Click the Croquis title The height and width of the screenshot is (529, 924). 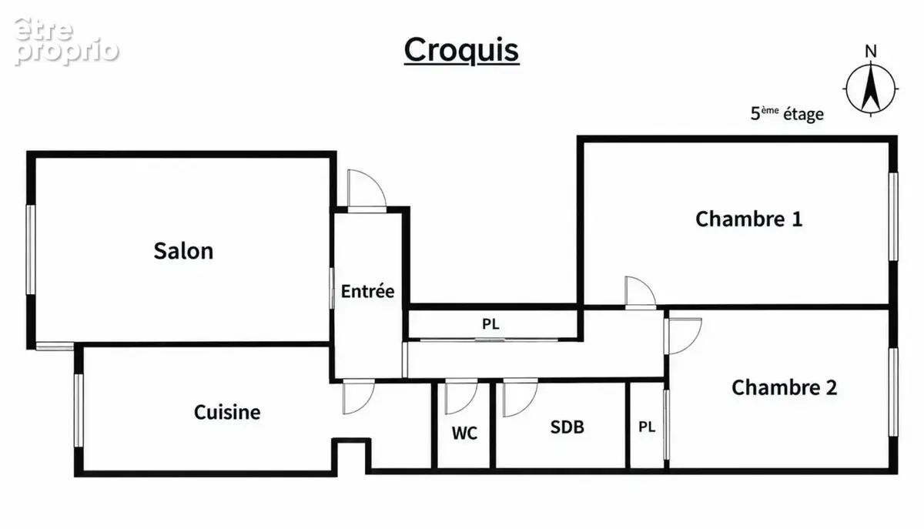point(461,50)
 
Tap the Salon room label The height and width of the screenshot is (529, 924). point(183,251)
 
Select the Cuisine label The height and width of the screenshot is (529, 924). point(227,412)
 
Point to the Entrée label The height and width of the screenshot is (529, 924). point(367,291)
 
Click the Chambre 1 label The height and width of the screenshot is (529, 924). point(749,219)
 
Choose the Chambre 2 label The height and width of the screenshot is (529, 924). point(785,387)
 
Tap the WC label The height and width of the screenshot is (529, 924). point(464,433)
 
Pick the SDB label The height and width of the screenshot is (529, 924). point(567,427)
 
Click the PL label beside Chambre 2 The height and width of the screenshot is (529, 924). point(647,427)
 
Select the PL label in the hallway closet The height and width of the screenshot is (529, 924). point(491,324)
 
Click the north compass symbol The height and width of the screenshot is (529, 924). point(871,89)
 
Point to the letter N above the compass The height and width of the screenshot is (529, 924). point(871,51)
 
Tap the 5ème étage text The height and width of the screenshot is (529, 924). point(787,114)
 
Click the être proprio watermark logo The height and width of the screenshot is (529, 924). point(66,42)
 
